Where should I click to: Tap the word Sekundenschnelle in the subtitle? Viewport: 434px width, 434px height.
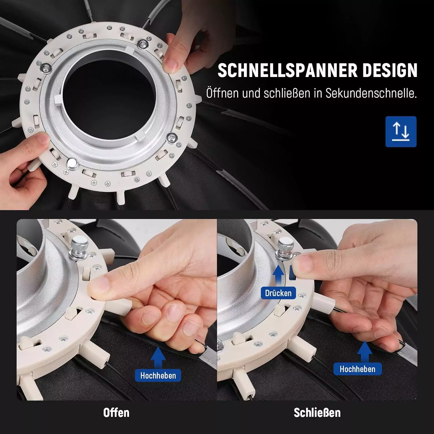coord(371,93)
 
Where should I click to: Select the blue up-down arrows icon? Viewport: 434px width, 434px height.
coord(401,132)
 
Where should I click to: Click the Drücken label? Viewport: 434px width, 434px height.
coord(278,293)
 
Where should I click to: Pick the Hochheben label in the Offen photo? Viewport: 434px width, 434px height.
coord(158,376)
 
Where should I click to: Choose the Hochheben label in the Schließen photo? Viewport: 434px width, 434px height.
coord(357,369)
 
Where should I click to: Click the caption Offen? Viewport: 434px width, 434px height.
coord(116,413)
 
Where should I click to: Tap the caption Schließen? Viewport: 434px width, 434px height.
coord(317,413)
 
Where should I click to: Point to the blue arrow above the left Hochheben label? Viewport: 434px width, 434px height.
coord(158,358)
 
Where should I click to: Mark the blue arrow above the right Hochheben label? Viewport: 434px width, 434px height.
coord(365,352)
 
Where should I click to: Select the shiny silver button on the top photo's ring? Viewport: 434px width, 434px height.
coord(72,164)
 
